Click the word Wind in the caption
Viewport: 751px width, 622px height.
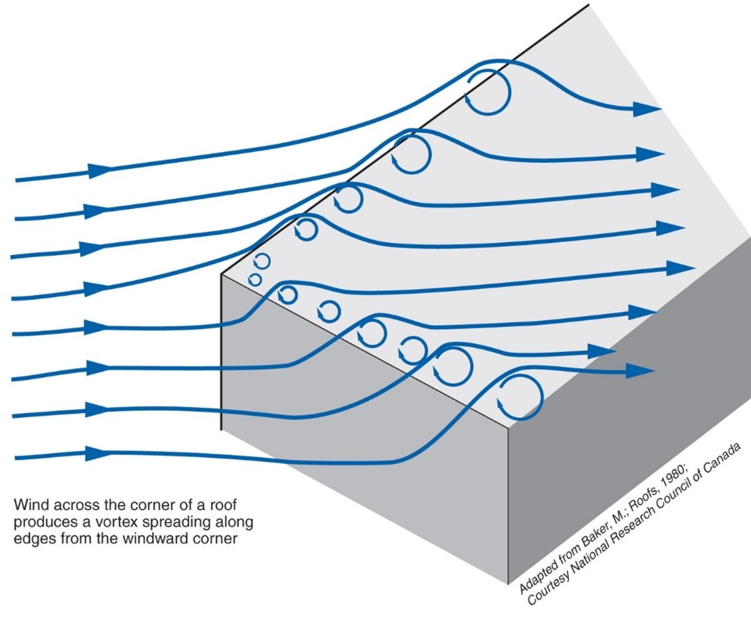[x=27, y=505]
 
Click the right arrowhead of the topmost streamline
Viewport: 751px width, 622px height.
[x=646, y=109]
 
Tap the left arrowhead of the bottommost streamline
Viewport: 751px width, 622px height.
[x=98, y=453]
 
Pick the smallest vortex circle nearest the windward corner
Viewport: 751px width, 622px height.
[x=255, y=279]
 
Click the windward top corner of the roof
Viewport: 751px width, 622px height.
[x=222, y=274]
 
